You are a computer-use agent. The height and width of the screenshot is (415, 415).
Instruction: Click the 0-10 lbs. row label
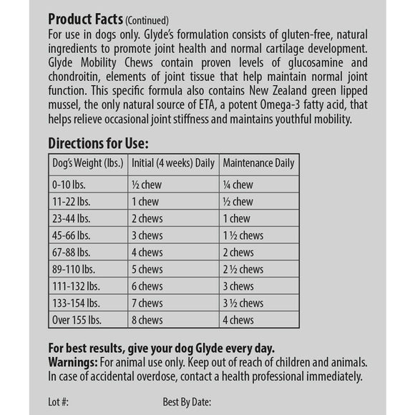point(68,184)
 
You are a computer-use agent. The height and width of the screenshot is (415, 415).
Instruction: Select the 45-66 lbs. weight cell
point(70,234)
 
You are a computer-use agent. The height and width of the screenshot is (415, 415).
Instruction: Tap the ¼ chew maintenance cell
point(238,184)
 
